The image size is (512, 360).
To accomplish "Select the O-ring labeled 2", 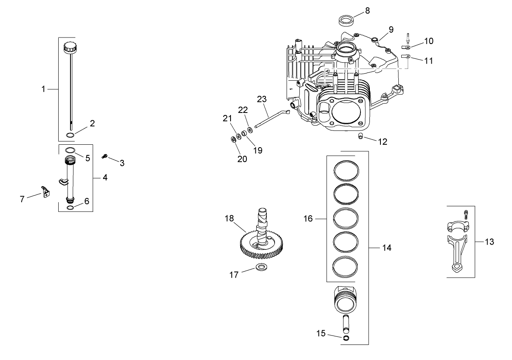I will (70, 135).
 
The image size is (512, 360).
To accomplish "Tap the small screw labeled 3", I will (104, 155).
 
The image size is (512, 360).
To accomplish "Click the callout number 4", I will (105, 178).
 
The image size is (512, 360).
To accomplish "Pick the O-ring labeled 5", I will (70, 150).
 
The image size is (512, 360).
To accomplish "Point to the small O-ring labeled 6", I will (70, 208).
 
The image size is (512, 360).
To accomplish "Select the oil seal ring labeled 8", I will (346, 20).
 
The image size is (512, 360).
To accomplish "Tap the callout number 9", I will (391, 29).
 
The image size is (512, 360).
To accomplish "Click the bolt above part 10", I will (407, 38).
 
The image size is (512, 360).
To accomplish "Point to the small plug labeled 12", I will (361, 136).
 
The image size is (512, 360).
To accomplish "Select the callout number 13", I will (489, 242).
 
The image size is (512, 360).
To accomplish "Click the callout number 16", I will (308, 219).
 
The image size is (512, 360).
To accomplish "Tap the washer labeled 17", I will (261, 267).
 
